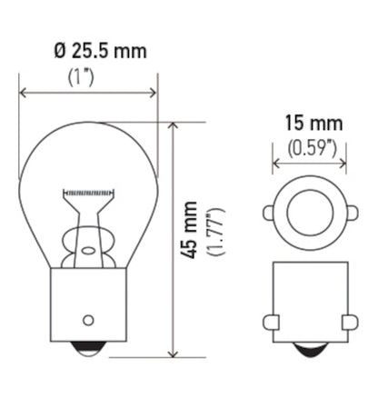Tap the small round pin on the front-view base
tap(88, 319)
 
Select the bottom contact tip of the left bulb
tap(88, 349)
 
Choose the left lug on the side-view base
tap(269, 322)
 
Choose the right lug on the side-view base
tap(350, 322)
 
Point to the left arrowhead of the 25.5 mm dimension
tap(23, 92)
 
